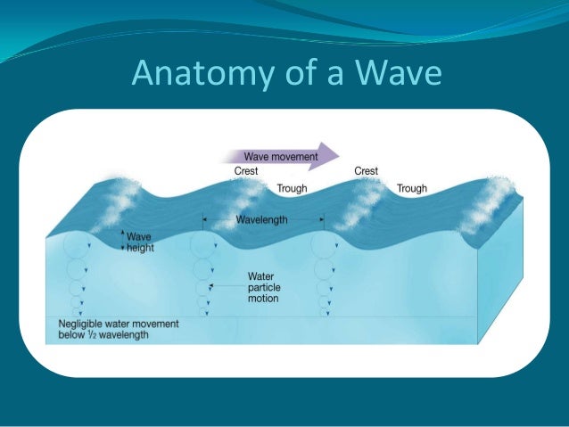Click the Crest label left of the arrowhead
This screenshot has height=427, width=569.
coord(247,171)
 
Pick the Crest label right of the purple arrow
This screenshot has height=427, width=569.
coord(367,171)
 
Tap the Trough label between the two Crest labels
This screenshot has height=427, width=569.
coord(293,188)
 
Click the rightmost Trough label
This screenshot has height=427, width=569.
coord(412,188)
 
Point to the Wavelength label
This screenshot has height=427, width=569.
coord(262,219)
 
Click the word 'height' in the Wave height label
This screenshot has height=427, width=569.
coord(140,248)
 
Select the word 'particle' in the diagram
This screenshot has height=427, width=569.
coord(265,288)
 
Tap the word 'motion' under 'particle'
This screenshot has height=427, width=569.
coord(264,299)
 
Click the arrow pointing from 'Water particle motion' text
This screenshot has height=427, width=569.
coord(227,286)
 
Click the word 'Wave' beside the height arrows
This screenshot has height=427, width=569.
coord(139,238)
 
